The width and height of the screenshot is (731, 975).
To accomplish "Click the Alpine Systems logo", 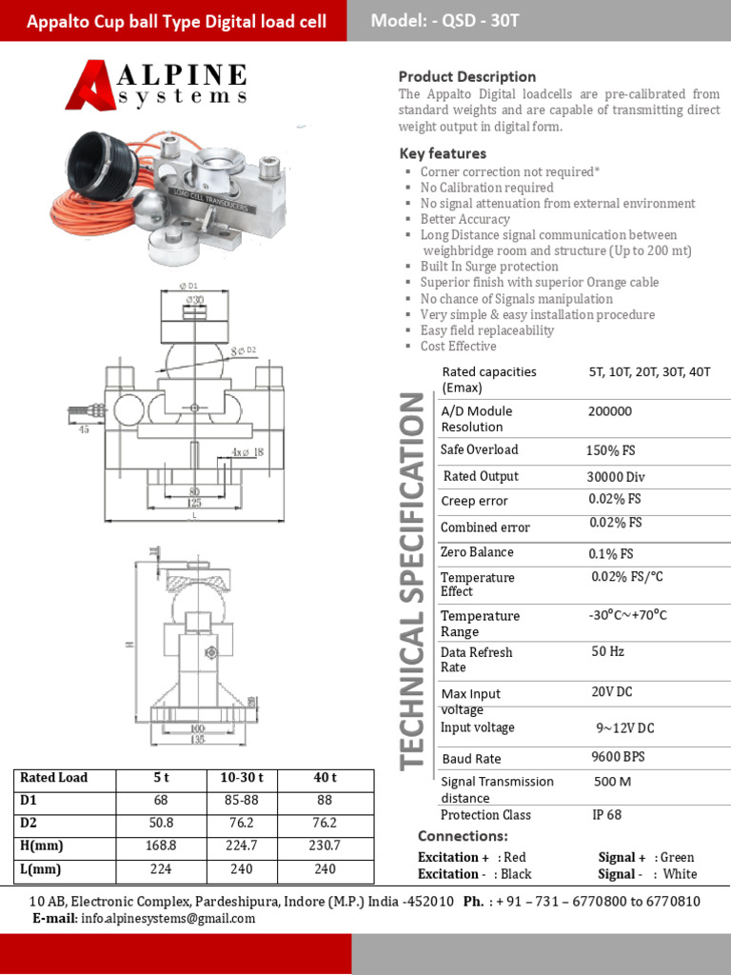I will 157,85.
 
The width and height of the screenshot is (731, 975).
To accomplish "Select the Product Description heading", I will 466,76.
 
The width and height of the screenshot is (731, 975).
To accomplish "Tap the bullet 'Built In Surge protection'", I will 489,267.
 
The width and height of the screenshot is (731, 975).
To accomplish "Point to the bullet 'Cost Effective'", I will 458,347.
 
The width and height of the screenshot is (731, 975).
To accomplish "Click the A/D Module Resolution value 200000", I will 610,411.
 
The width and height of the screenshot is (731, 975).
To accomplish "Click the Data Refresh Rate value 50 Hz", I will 607,652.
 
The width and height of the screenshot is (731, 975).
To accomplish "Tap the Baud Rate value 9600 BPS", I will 618,757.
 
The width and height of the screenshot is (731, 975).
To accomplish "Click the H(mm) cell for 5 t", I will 161,846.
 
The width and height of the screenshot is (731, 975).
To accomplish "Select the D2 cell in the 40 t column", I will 325,823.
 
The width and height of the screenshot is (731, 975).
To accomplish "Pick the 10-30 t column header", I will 243,778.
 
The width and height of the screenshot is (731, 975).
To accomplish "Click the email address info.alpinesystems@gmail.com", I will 168,919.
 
